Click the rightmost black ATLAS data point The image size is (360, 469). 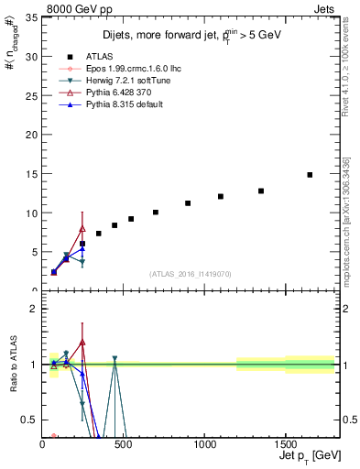point(310,175)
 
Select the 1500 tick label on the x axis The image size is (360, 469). point(285,444)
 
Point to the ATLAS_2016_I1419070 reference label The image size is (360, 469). point(190,274)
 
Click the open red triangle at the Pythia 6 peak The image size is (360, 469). point(82,229)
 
